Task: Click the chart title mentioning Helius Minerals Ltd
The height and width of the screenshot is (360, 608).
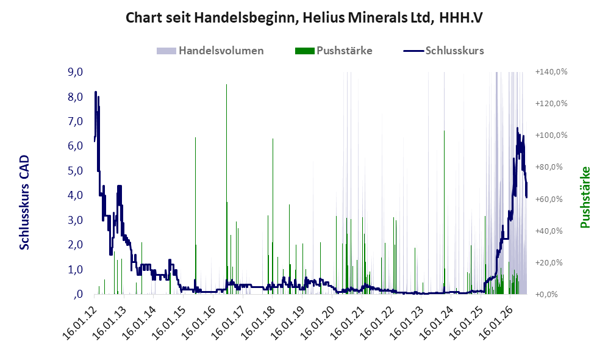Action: (x=304, y=18)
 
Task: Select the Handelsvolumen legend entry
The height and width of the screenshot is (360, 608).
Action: (x=210, y=51)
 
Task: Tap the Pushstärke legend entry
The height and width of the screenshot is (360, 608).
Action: (x=334, y=51)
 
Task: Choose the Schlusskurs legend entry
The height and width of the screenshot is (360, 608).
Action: (x=443, y=51)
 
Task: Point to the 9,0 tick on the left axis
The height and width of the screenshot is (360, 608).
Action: (x=75, y=72)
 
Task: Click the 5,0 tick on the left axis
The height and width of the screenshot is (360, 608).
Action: (x=75, y=171)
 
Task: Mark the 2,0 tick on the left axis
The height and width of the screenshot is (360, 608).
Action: (x=75, y=245)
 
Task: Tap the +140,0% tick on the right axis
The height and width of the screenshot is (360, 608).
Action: (x=551, y=72)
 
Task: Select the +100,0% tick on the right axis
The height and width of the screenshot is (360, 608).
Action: (x=551, y=135)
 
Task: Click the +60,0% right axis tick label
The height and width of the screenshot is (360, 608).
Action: (x=551, y=199)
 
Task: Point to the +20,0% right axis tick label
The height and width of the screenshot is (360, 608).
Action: (x=551, y=262)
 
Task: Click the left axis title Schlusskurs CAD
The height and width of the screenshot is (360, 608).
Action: (x=24, y=203)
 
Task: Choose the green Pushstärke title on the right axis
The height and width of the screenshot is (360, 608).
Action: (x=585, y=197)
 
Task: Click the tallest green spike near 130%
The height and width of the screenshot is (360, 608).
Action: (x=226, y=85)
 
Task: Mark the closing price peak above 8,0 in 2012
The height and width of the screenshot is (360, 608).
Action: (x=95, y=92)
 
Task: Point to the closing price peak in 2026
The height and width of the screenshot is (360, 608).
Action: (x=517, y=128)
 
